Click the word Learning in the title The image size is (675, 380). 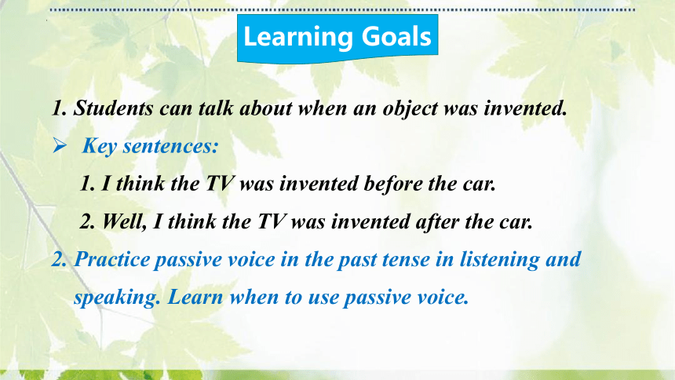pos(298,37)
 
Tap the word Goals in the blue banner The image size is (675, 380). pos(396,36)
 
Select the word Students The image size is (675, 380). pos(113,108)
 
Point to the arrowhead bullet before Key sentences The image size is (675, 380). pos(60,145)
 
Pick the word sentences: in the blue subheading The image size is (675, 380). pos(171,146)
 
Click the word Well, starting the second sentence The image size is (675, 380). pos(124,222)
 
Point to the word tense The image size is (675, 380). pos(407,260)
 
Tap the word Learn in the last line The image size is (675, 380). pos(195,298)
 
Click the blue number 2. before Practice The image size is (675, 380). pos(59,260)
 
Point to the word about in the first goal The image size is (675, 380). pos(266,108)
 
